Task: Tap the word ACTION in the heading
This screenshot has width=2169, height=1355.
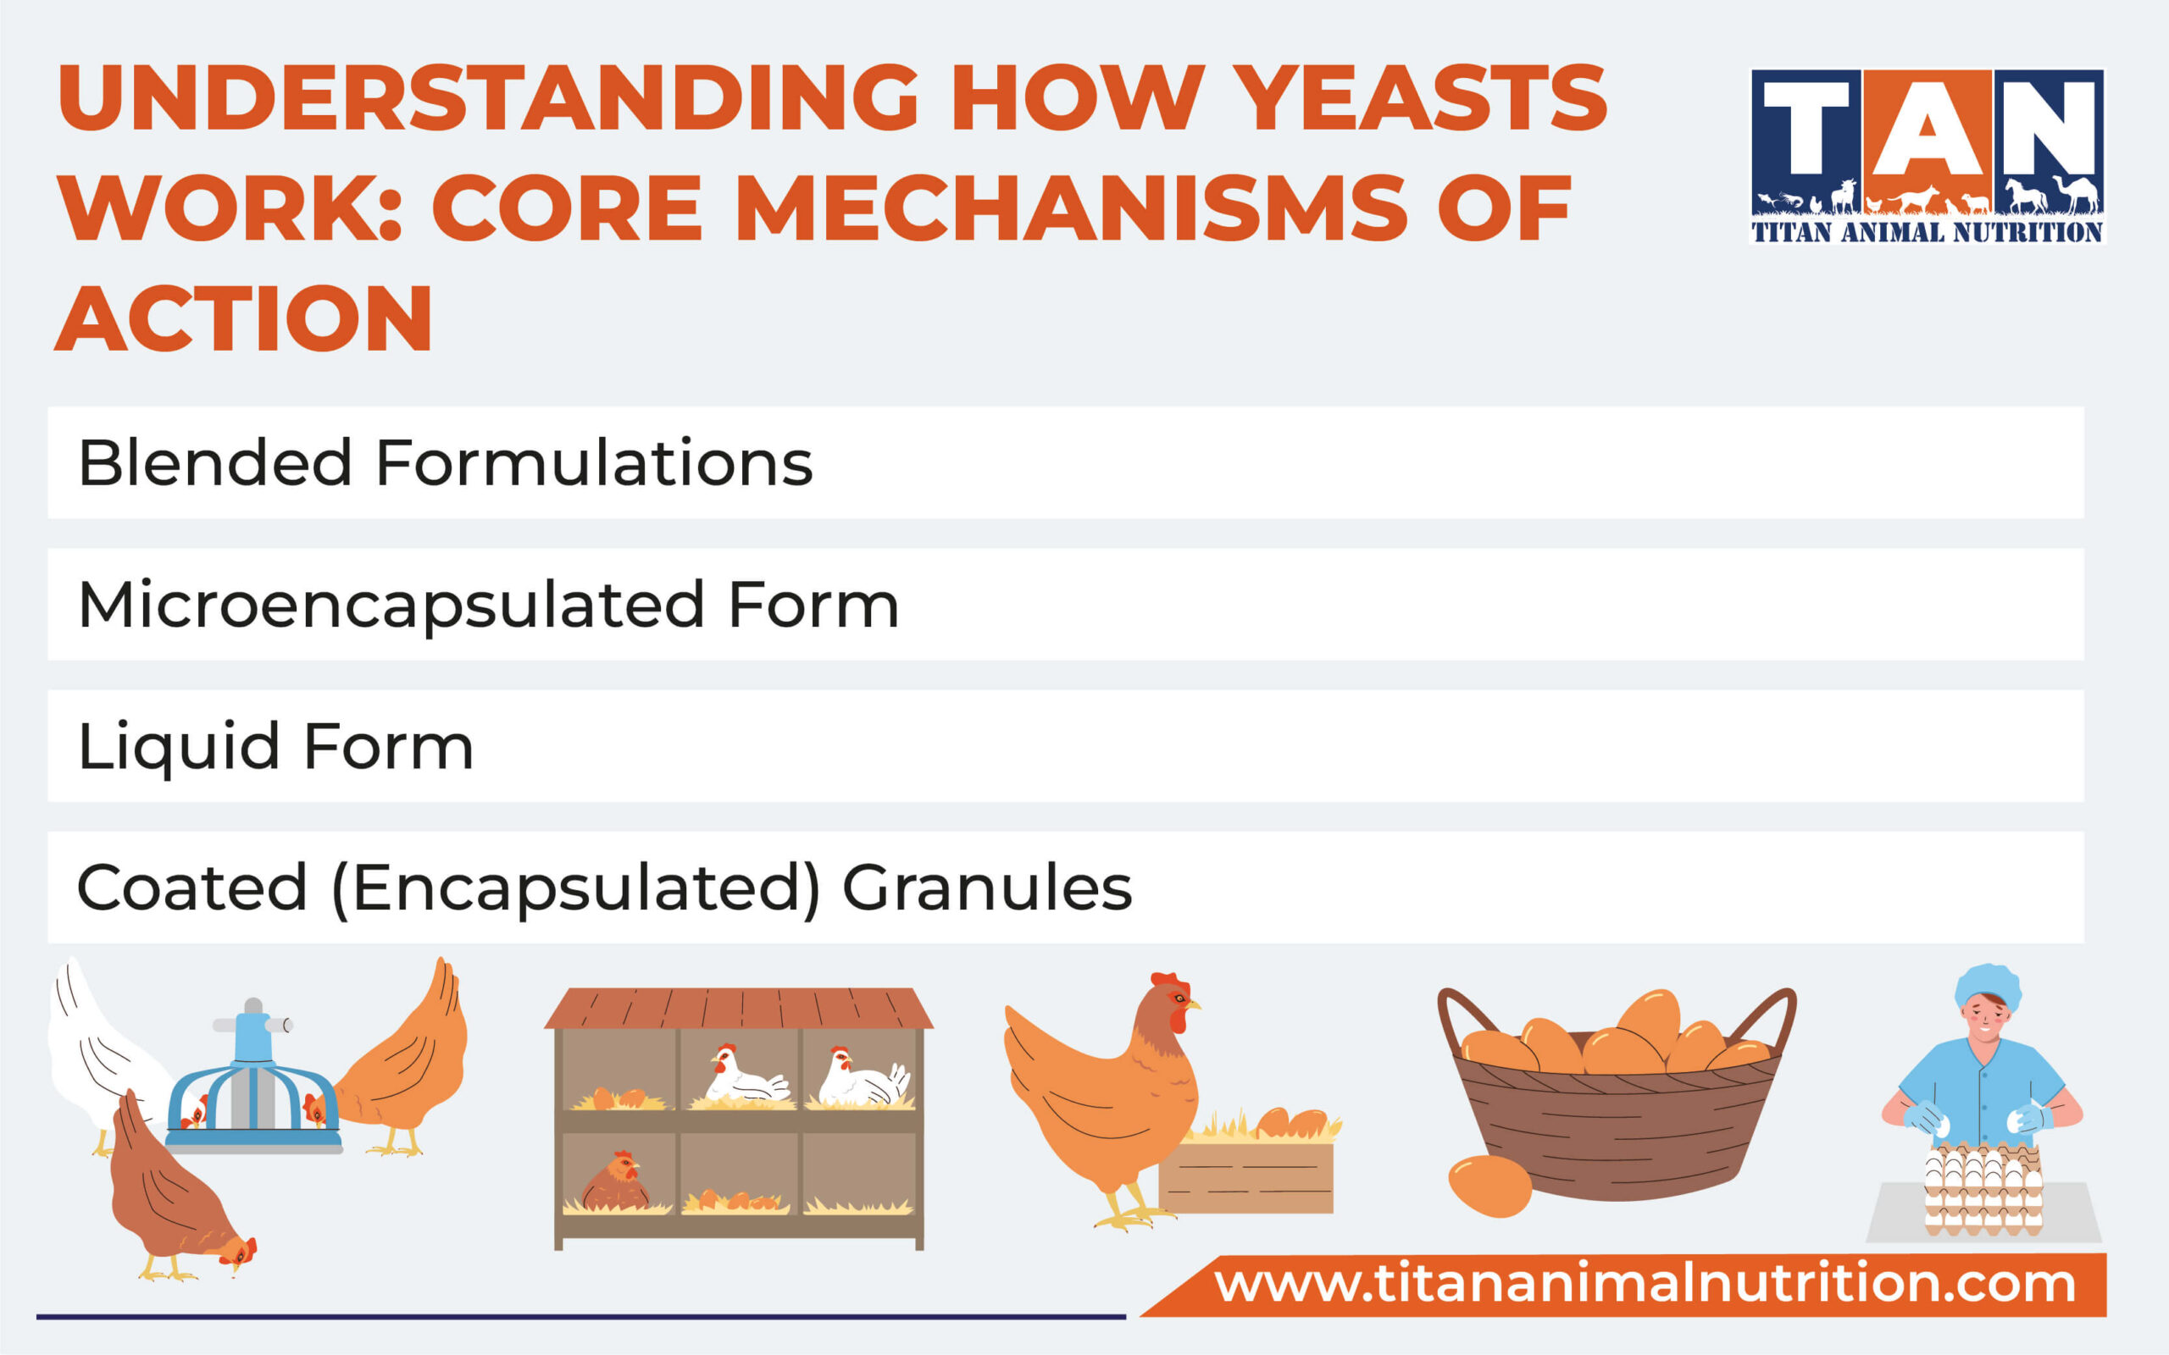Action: click(244, 318)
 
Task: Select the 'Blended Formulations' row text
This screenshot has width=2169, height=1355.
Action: click(446, 463)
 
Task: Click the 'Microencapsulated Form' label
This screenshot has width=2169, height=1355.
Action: click(489, 605)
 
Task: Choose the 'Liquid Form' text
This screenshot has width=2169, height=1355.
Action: click(275, 746)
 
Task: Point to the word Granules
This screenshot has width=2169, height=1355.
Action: click(987, 888)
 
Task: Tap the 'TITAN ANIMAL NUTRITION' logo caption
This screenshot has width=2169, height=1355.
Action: click(1927, 233)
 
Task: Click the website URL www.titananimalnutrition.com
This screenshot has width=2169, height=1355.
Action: click(1645, 1283)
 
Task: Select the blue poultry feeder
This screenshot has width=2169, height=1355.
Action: click(253, 1089)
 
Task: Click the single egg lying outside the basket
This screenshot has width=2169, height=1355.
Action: click(1489, 1185)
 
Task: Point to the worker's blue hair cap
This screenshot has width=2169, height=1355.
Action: click(1988, 986)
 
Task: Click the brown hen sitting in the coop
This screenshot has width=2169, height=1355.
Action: click(617, 1183)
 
